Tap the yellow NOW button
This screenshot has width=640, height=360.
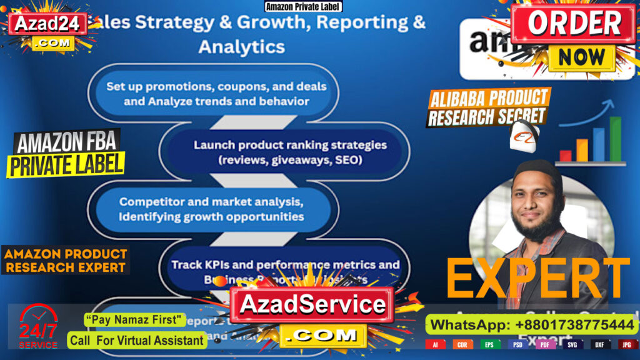pyautogui.click(x=582, y=57)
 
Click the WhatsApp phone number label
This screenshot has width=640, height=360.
pyautogui.click(x=532, y=325)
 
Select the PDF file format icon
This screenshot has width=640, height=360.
pyautogui.click(x=544, y=344)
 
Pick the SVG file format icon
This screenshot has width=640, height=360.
pyautogui.click(x=572, y=344)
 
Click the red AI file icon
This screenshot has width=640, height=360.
pyautogui.click(x=435, y=344)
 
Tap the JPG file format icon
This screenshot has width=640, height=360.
pyautogui.click(x=626, y=344)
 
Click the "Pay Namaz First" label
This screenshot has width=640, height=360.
pyautogui.click(x=135, y=321)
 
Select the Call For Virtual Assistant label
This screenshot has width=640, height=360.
pyautogui.click(x=137, y=341)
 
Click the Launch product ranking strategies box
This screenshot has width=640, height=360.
pyautogui.click(x=289, y=152)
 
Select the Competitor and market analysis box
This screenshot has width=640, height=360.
pyautogui.click(x=212, y=209)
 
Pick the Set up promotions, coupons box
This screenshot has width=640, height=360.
pyautogui.click(x=216, y=93)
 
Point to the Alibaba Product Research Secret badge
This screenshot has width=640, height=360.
pyautogui.click(x=487, y=107)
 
